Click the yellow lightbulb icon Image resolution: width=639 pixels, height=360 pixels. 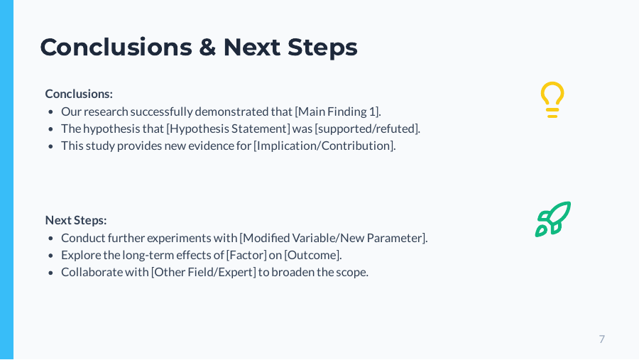552,99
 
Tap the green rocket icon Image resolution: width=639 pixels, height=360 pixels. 553,219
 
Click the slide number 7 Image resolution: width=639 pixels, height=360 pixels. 601,339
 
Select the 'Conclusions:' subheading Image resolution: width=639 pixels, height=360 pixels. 79,94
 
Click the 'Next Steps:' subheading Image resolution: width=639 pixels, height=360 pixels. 76,220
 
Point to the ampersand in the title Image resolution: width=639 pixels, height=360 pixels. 207,48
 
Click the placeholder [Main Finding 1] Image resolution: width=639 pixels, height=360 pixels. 337,111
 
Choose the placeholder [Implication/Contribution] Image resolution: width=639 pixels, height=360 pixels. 324,146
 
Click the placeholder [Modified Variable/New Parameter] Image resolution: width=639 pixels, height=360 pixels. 333,238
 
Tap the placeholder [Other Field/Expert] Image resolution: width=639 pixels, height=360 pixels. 203,272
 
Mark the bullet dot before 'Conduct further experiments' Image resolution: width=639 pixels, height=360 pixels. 51,239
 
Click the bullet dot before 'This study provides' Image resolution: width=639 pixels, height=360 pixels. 51,146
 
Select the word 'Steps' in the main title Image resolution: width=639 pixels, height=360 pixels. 322,48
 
